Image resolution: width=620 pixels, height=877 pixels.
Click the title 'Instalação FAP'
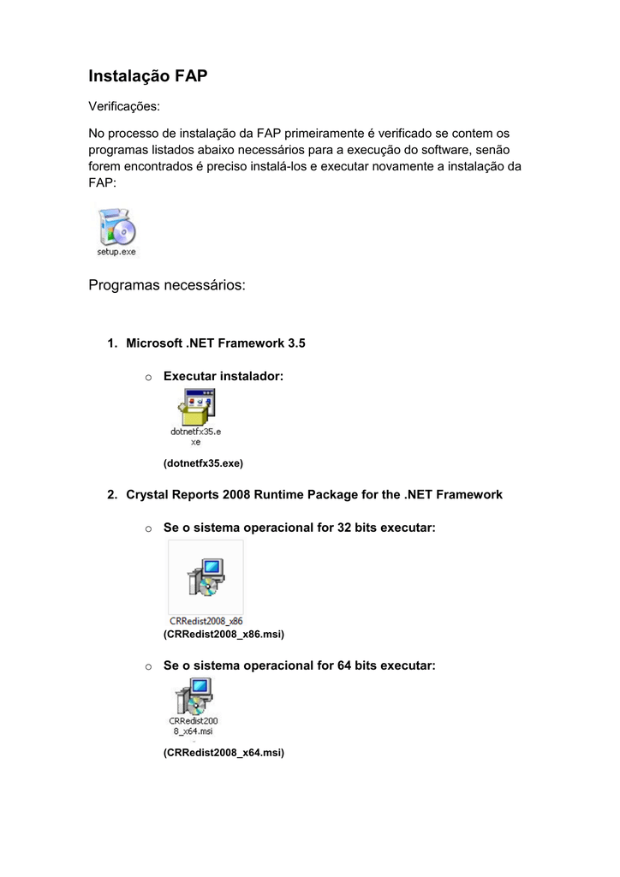pyautogui.click(x=148, y=76)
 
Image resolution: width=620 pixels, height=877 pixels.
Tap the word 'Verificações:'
pyautogui.click(x=125, y=106)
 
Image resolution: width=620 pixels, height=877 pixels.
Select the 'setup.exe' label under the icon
pyautogui.click(x=116, y=252)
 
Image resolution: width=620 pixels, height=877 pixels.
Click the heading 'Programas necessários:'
pyautogui.click(x=167, y=284)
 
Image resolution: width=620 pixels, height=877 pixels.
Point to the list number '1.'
pyautogui.click(x=112, y=343)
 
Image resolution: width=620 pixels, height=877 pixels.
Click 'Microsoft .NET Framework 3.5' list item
pyautogui.click(x=215, y=343)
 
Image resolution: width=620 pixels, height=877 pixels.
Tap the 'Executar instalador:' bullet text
pyautogui.click(x=223, y=377)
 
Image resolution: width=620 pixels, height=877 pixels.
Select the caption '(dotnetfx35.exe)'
pyautogui.click(x=203, y=463)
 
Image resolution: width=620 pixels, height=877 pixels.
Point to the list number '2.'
pyautogui.click(x=112, y=495)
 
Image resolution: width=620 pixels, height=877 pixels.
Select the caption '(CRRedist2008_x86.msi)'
pyautogui.click(x=223, y=635)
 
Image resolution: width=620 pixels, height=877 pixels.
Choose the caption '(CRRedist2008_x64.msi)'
pyautogui.click(x=223, y=753)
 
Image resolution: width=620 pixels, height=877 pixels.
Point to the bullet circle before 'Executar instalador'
pyautogui.click(x=148, y=378)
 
